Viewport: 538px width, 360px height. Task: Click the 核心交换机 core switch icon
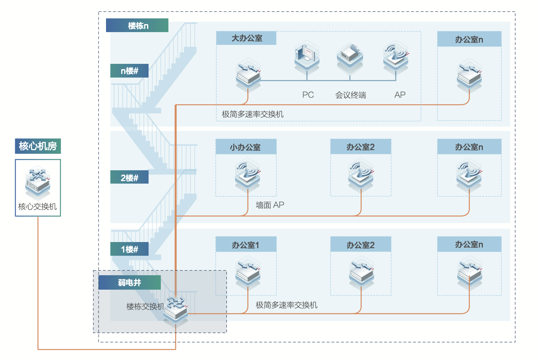click(38, 182)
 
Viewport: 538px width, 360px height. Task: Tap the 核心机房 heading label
click(38, 146)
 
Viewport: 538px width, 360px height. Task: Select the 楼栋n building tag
click(137, 26)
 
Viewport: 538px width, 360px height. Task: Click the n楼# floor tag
click(129, 71)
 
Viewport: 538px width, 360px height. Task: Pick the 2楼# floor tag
click(129, 177)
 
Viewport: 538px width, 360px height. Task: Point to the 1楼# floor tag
click(129, 249)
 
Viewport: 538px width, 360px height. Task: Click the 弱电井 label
click(129, 283)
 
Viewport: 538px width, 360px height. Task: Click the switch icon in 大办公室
click(248, 75)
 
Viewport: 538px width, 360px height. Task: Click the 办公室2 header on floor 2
click(361, 147)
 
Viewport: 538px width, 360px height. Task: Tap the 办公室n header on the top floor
click(469, 39)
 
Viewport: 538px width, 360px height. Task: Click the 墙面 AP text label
click(270, 205)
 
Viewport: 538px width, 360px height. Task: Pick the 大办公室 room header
click(247, 38)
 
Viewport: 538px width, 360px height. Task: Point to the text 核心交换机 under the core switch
click(38, 207)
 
